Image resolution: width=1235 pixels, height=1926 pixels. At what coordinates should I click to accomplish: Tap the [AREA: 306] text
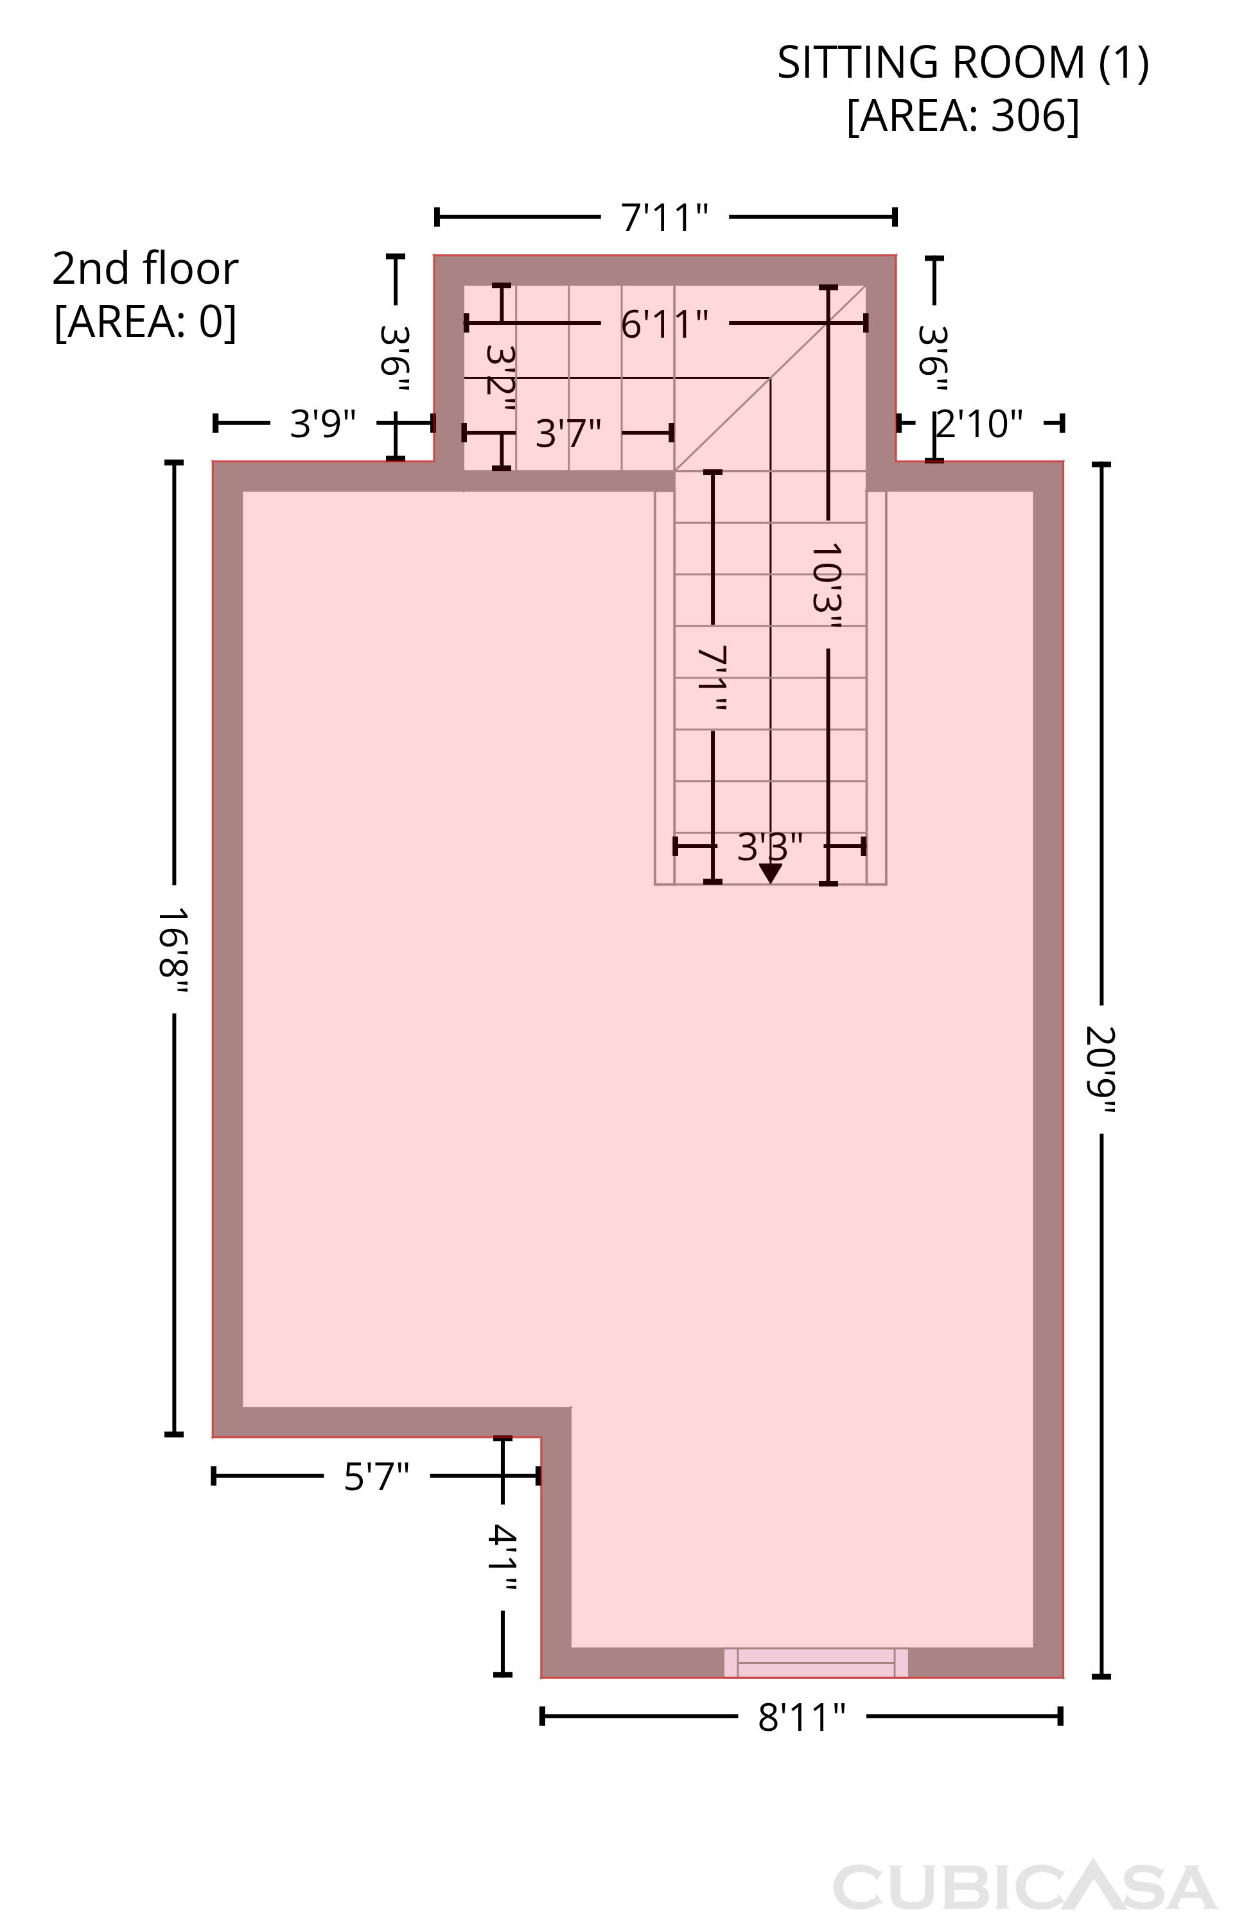[963, 116]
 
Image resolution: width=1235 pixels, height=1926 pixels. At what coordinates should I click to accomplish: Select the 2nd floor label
[145, 268]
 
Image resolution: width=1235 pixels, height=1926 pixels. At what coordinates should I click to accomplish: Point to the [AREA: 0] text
[145, 322]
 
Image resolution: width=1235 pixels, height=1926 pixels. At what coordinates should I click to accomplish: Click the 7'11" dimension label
[665, 217]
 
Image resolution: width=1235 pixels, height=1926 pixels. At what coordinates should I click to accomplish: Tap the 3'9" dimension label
[322, 423]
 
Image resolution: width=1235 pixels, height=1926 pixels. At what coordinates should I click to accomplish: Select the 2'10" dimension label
[980, 423]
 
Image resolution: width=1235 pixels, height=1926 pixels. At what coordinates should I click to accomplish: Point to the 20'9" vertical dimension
[1101, 1070]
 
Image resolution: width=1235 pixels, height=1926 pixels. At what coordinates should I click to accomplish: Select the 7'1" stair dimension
[713, 678]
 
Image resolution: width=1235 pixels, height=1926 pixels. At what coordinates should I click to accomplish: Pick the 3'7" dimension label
[568, 433]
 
